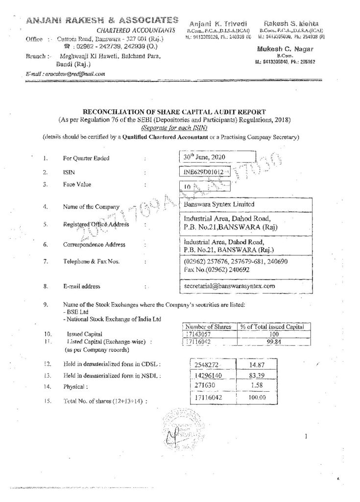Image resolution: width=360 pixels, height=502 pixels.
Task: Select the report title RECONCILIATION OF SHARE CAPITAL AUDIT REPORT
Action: tap(180, 112)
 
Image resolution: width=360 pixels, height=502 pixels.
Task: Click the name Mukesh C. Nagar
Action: tap(278, 50)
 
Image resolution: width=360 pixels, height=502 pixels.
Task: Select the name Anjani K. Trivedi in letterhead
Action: tap(216, 24)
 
